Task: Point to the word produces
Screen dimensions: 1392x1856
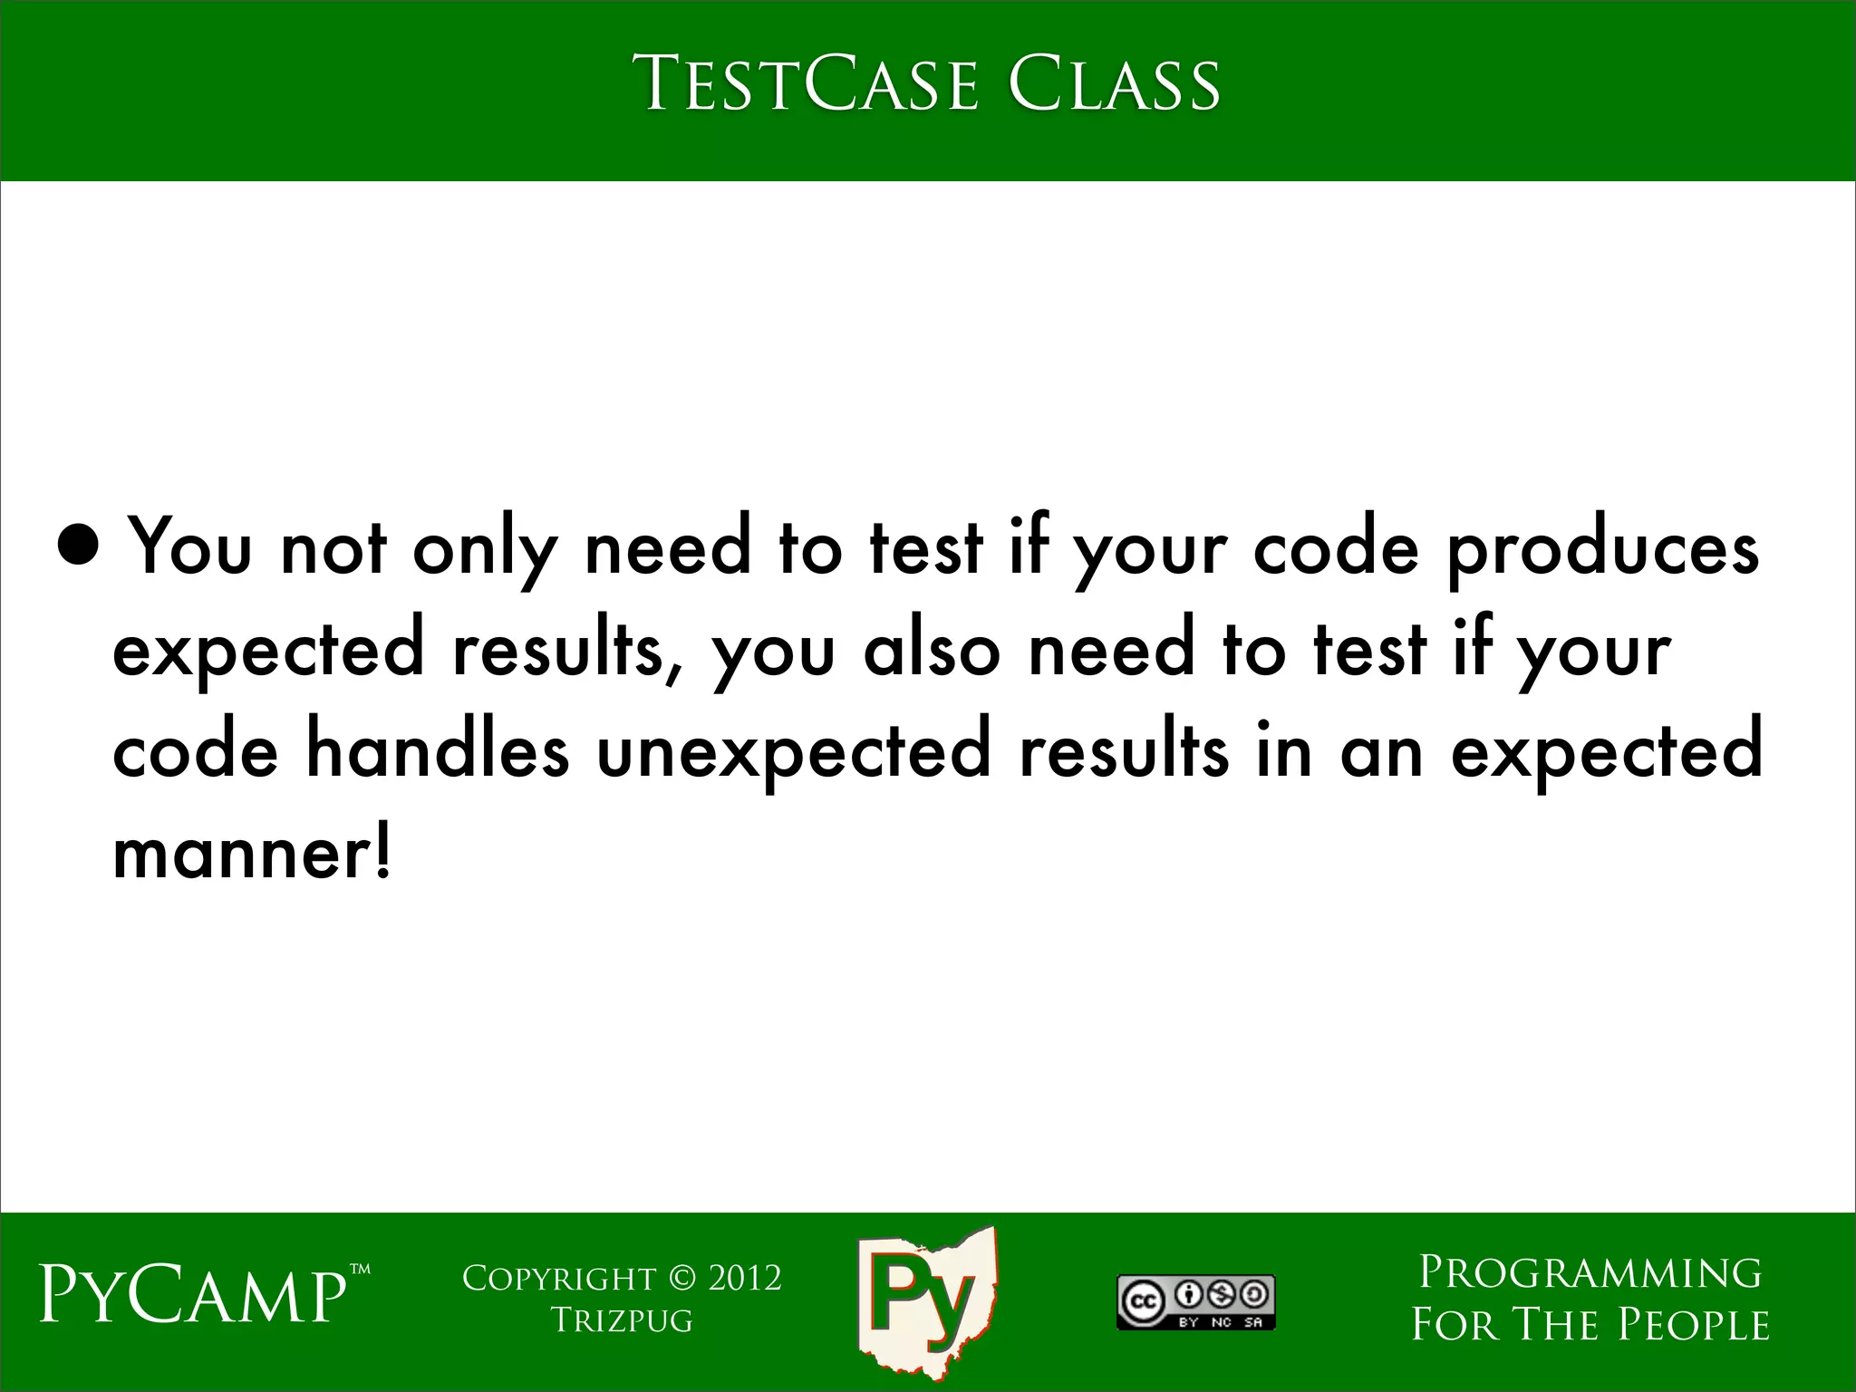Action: coord(1602,550)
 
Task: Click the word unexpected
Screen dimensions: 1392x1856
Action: coord(794,754)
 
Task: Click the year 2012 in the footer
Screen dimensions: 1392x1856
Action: coord(744,1279)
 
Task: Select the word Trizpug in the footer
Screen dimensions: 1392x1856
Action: coord(622,1320)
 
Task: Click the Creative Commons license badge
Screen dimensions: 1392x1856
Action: coord(1195,1303)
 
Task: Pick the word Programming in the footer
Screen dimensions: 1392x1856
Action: coord(1590,1273)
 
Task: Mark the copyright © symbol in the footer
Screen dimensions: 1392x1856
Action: coord(681,1279)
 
